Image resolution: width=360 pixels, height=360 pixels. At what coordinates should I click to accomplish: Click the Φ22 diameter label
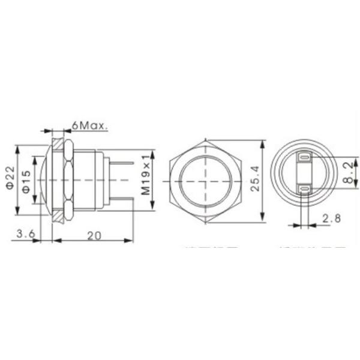tap(9, 178)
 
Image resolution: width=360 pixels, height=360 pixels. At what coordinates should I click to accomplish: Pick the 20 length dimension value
tap(93, 235)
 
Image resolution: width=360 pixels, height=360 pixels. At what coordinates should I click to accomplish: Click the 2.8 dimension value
tap(331, 218)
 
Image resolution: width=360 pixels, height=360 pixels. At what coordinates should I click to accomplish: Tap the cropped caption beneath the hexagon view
tap(211, 247)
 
